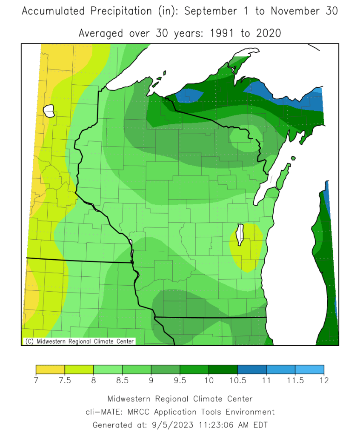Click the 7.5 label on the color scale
[64, 380]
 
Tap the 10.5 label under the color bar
[237, 380]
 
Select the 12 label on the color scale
[324, 380]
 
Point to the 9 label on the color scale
[151, 380]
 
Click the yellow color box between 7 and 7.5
[50, 369]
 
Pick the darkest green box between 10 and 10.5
[223, 369]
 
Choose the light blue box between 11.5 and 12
[309, 369]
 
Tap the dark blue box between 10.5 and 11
[252, 369]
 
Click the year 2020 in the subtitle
[266, 33]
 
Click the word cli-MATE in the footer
[102, 412]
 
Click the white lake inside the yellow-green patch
[240, 235]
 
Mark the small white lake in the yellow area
[49, 112]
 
